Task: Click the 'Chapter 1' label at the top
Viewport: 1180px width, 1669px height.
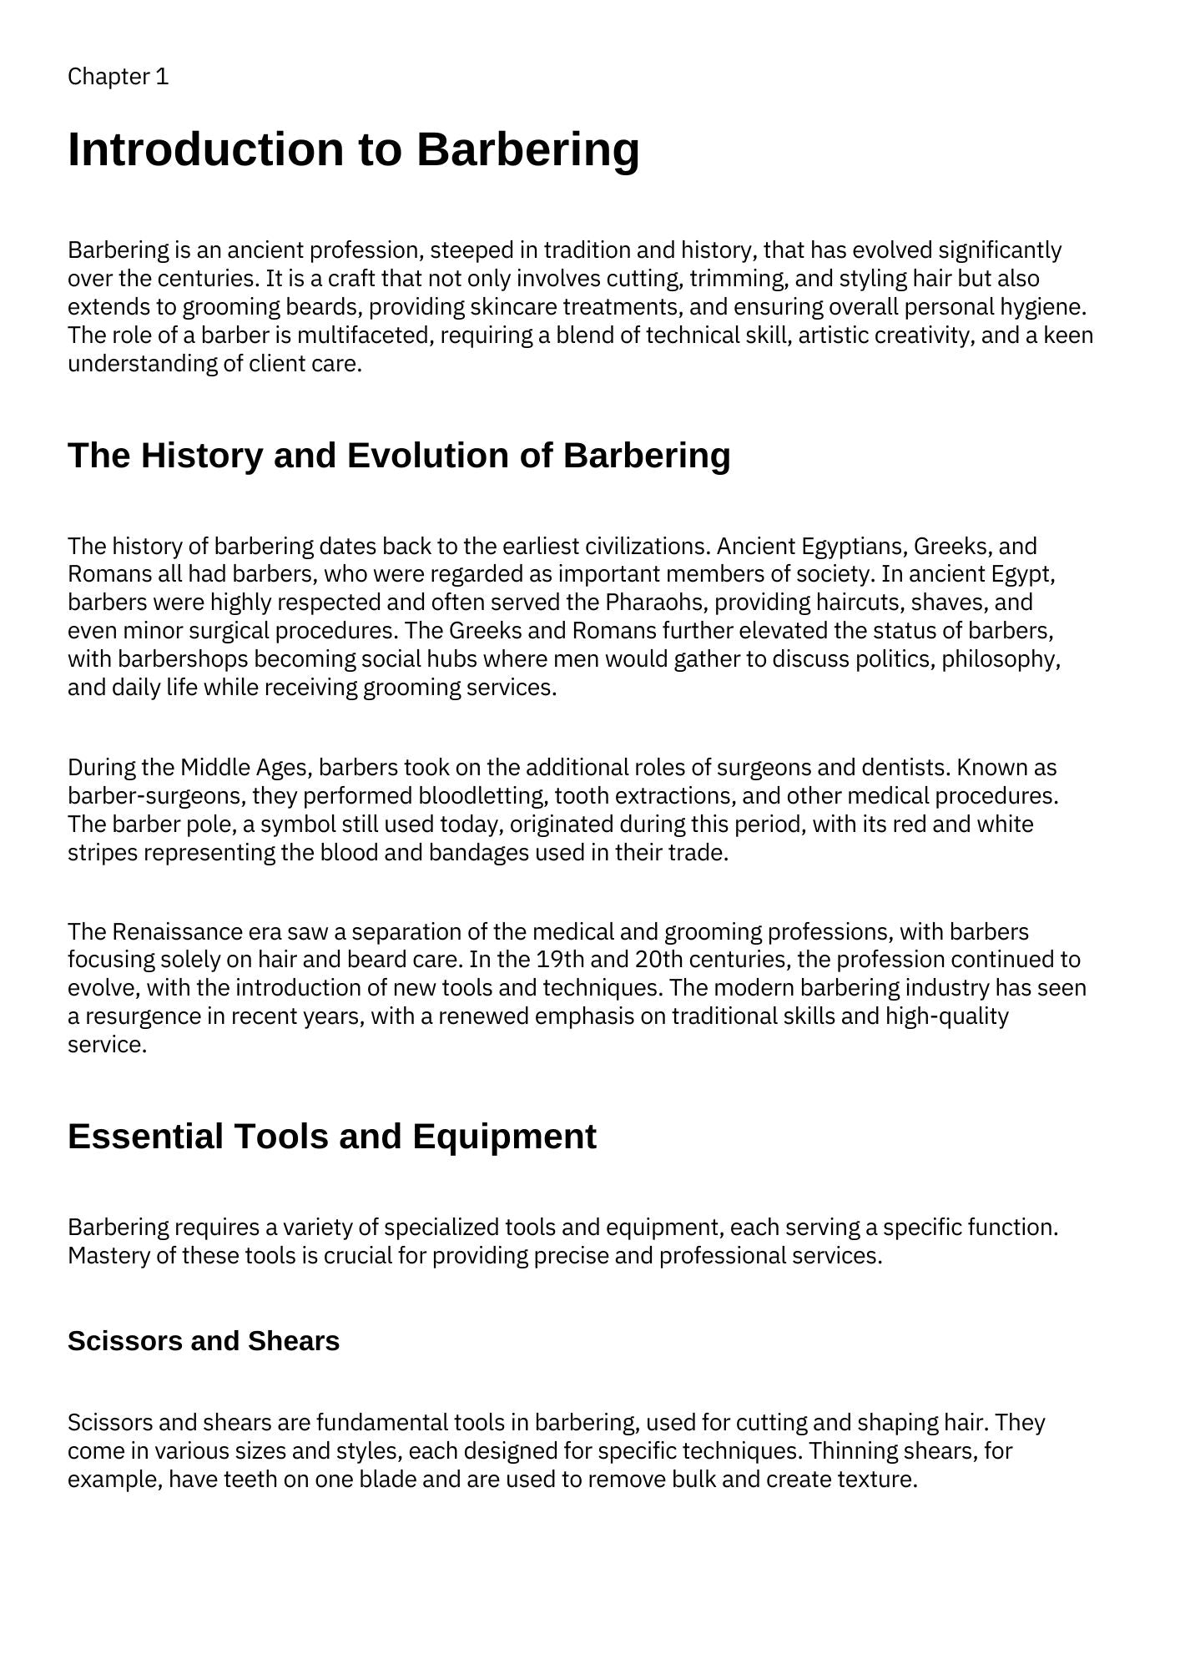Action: [118, 77]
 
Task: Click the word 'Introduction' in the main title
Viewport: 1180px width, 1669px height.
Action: [204, 149]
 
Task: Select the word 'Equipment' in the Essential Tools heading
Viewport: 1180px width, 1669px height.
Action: [504, 1137]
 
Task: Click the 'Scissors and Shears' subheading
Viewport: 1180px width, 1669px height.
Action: [204, 1341]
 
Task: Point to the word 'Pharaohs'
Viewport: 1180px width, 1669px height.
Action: [657, 603]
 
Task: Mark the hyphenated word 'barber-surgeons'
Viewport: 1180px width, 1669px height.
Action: [156, 796]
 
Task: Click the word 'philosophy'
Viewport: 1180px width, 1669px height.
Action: [1001, 659]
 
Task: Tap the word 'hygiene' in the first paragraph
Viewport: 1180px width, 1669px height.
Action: [1042, 307]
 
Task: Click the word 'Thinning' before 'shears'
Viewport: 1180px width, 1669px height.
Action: [848, 1451]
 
